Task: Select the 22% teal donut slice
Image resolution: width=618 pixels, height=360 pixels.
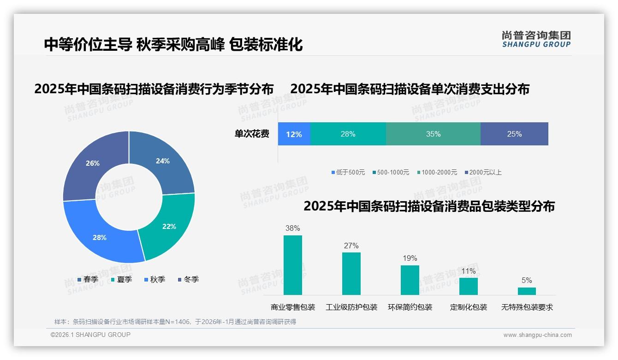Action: click(169, 226)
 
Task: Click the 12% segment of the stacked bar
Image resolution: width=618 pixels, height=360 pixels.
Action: click(294, 134)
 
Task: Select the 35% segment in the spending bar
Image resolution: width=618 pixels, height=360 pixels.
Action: click(433, 134)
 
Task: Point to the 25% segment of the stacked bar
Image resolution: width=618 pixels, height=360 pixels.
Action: click(514, 134)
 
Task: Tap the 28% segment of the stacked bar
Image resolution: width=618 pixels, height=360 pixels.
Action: click(348, 134)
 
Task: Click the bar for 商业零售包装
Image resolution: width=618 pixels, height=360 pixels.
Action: click(292, 265)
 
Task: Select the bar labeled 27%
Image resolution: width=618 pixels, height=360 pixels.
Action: click(351, 273)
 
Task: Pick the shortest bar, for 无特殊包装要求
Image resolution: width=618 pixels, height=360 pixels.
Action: click(527, 291)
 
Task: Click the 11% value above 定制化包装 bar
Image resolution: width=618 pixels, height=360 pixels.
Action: click(468, 271)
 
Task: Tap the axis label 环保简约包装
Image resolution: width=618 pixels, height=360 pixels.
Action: click(410, 307)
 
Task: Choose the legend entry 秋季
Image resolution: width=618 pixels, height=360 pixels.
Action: click(155, 280)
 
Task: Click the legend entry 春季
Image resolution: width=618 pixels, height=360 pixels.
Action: click(88, 280)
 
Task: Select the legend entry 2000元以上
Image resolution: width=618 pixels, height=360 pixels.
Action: click(483, 173)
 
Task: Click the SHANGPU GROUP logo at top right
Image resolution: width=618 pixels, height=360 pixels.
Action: click(536, 39)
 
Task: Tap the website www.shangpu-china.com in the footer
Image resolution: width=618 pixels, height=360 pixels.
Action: click(537, 335)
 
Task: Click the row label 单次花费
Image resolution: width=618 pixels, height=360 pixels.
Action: click(252, 134)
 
